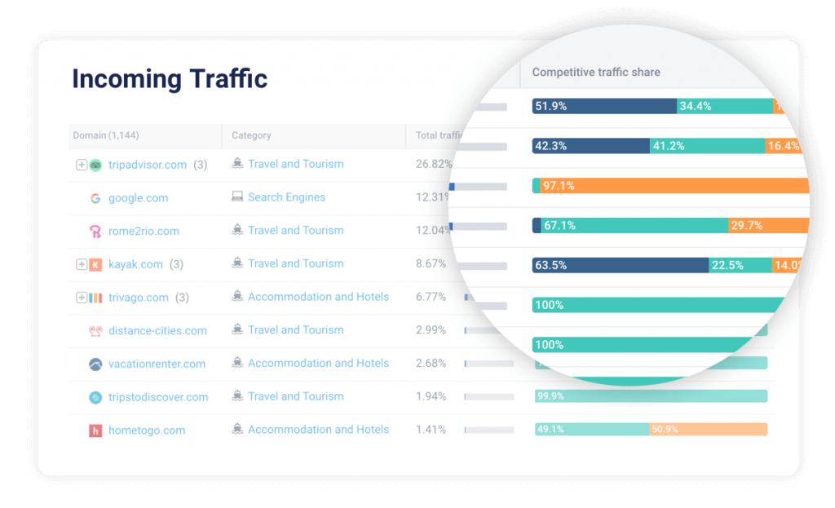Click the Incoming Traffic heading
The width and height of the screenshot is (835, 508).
[x=170, y=79]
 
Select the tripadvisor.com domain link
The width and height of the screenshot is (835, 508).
[x=148, y=165]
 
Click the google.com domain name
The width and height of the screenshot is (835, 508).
[x=138, y=198]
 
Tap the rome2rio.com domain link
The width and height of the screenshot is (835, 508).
[x=144, y=232]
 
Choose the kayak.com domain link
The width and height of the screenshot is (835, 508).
[x=135, y=264]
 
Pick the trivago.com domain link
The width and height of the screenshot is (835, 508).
[x=138, y=298]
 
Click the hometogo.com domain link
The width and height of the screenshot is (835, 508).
[x=147, y=431]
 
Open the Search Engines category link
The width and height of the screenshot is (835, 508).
[x=286, y=197]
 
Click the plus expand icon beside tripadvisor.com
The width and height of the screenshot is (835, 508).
[x=82, y=165]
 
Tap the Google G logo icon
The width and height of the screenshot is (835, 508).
[x=95, y=198]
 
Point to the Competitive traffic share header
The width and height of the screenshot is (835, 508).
[x=596, y=73]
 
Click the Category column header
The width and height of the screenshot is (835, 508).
[x=251, y=135]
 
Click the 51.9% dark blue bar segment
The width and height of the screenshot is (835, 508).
[x=604, y=106]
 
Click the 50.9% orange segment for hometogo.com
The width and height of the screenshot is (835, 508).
[x=708, y=429]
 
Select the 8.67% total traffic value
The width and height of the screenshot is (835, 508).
[x=431, y=264]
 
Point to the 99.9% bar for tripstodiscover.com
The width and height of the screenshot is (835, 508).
[x=651, y=396]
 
